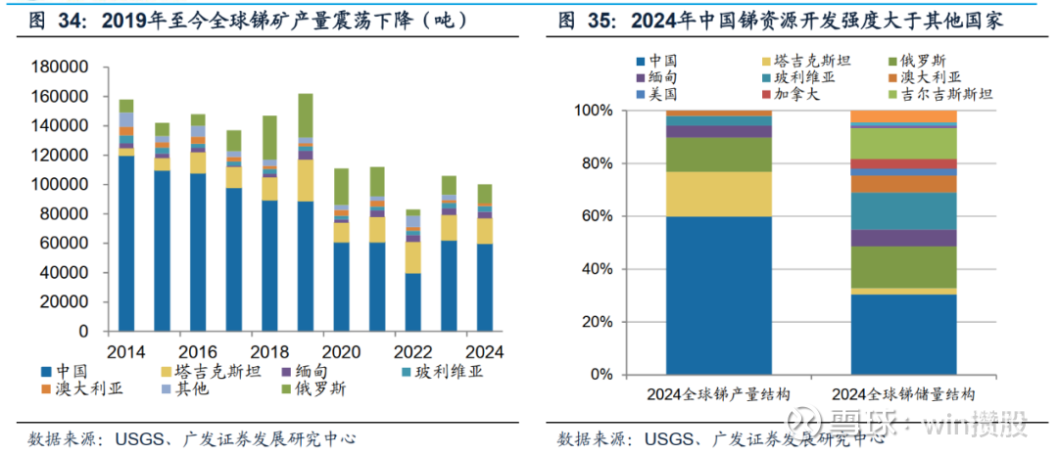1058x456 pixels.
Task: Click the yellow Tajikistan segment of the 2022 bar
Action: click(414, 257)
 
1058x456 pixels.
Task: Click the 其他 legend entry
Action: click(191, 388)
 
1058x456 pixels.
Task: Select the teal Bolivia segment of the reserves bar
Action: click(903, 211)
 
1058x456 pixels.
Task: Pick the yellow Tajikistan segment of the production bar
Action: click(719, 194)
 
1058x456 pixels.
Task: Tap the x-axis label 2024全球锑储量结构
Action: click(903, 393)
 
